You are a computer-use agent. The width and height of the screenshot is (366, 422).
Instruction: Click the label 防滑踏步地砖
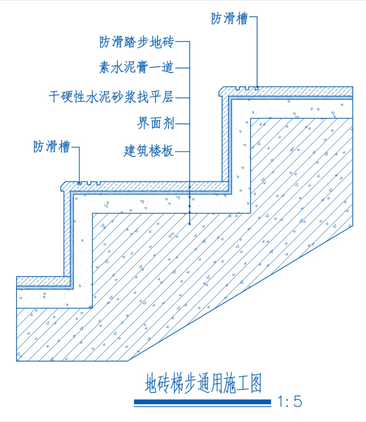click(x=137, y=42)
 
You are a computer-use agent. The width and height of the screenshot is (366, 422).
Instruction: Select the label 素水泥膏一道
click(x=136, y=67)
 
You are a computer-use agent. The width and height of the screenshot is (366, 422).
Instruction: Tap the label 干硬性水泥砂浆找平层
click(x=111, y=97)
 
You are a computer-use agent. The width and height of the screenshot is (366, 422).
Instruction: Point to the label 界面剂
click(x=156, y=123)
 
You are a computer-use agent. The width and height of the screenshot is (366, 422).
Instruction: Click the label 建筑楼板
click(x=149, y=151)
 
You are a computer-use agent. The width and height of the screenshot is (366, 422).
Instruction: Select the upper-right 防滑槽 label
click(x=229, y=19)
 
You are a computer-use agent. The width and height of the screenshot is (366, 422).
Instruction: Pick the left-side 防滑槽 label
click(x=52, y=147)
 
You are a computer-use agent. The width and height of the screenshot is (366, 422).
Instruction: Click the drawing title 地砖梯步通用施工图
click(x=203, y=383)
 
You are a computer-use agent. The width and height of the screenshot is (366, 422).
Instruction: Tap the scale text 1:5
click(x=290, y=401)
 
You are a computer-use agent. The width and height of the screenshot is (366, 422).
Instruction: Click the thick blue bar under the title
click(x=202, y=402)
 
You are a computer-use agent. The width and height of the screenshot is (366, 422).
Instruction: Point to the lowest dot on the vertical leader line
click(x=190, y=224)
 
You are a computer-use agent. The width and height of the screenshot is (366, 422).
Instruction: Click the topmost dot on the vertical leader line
click(x=190, y=187)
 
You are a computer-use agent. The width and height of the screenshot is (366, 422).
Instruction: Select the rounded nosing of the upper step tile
click(x=221, y=91)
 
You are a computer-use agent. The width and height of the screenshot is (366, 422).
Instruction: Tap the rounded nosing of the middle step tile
click(x=62, y=187)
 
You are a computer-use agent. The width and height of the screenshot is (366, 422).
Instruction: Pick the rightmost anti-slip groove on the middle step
click(x=99, y=183)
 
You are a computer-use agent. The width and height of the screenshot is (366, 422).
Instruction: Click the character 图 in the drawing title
click(x=256, y=383)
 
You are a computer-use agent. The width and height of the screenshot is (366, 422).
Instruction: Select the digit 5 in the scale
click(x=298, y=401)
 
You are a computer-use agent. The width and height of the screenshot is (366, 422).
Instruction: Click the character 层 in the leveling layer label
click(x=168, y=97)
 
